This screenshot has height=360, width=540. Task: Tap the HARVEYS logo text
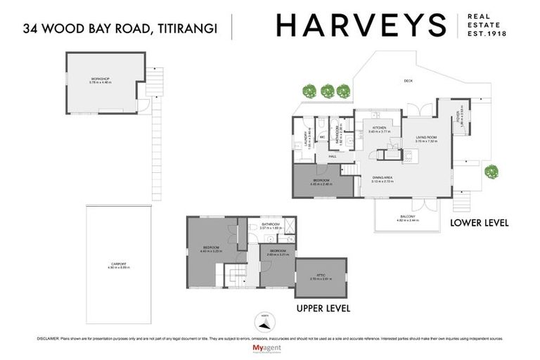[361, 26]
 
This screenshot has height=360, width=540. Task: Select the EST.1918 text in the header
[487, 34]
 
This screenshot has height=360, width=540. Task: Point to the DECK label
[408, 82]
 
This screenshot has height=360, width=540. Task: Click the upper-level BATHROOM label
[271, 224]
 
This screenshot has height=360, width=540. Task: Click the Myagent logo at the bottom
[269, 349]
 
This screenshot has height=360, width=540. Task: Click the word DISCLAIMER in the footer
[48, 338]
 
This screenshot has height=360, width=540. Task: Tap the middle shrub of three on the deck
[327, 90]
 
